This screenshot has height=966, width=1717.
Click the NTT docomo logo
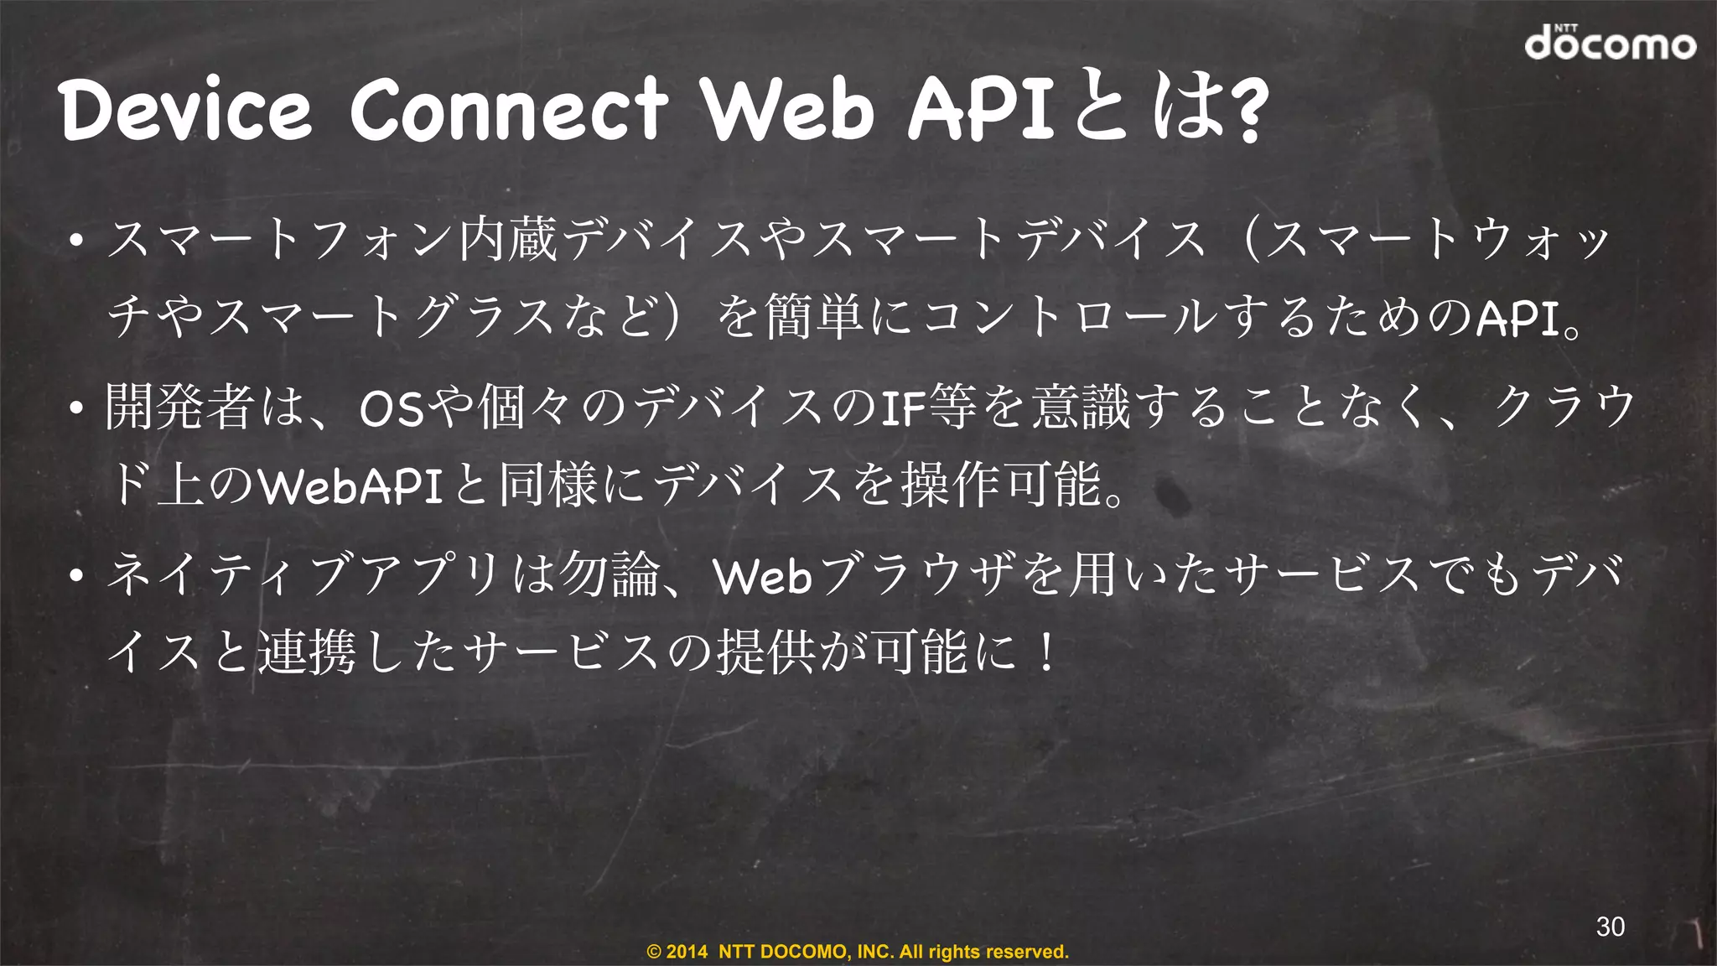[1610, 42]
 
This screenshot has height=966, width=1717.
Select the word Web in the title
[788, 110]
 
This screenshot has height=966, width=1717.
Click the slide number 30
[1611, 927]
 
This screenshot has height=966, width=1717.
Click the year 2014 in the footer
[687, 952]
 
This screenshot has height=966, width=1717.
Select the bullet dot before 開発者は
[76, 409]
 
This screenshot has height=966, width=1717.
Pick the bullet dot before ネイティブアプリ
[76, 576]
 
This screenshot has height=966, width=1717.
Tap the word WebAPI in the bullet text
[350, 486]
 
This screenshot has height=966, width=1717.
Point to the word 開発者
[179, 407]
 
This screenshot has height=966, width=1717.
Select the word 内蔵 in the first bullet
[508, 239]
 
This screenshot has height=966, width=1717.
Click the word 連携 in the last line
[307, 652]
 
